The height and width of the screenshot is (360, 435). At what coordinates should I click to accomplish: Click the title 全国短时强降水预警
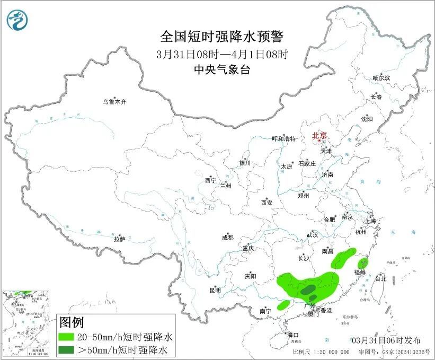pyautogui.click(x=222, y=36)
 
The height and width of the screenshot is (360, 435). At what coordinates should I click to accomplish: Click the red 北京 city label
pyautogui.click(x=321, y=136)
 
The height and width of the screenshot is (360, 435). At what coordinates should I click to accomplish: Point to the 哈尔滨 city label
pyautogui.click(x=380, y=78)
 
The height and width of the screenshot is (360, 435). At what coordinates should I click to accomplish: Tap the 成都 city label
pyautogui.click(x=228, y=238)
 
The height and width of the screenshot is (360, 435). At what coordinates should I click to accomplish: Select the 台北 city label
pyautogui.click(x=380, y=278)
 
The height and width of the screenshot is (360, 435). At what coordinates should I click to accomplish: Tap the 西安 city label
pyautogui.click(x=267, y=203)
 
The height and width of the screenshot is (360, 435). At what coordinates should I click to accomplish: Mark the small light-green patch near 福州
pyautogui.click(x=363, y=262)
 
